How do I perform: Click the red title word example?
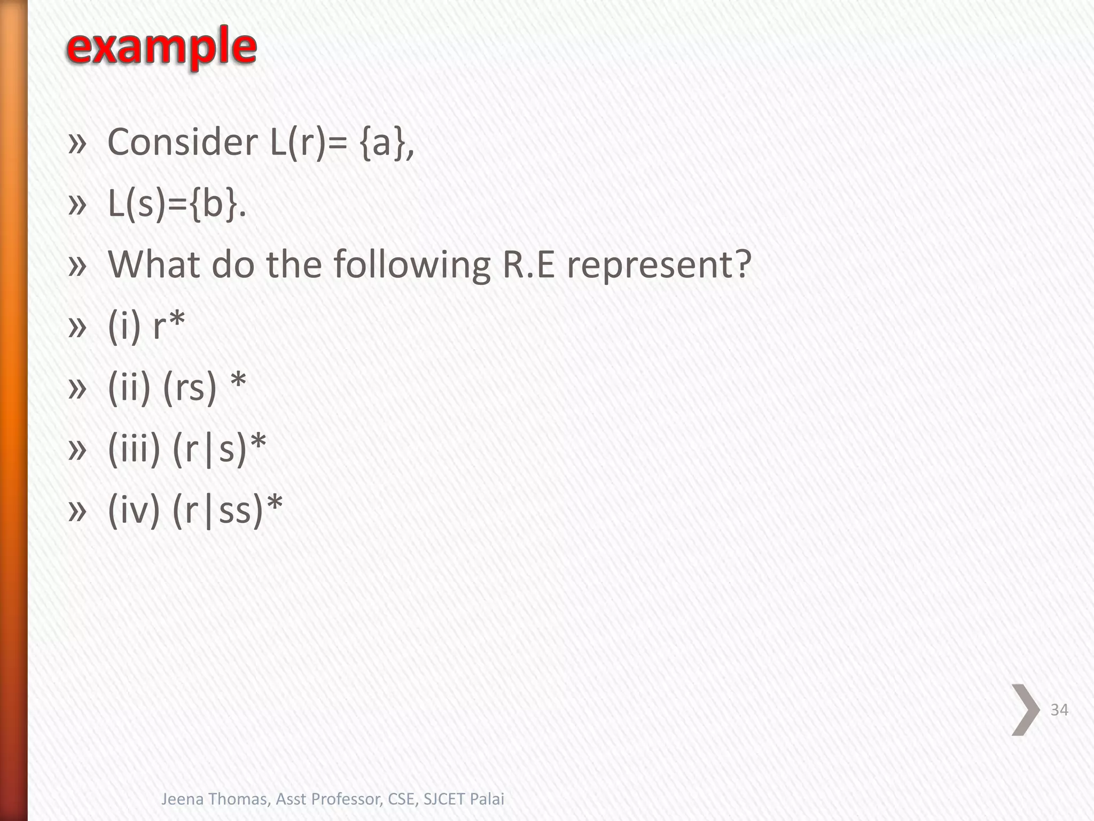tap(161, 47)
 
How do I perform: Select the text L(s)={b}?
tap(177, 204)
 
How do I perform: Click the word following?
tap(412, 265)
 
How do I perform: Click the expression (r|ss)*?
tap(228, 509)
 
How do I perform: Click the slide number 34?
tap(1059, 710)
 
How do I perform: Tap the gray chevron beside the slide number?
tap(1025, 710)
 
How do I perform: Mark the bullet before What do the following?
tap(77, 265)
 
